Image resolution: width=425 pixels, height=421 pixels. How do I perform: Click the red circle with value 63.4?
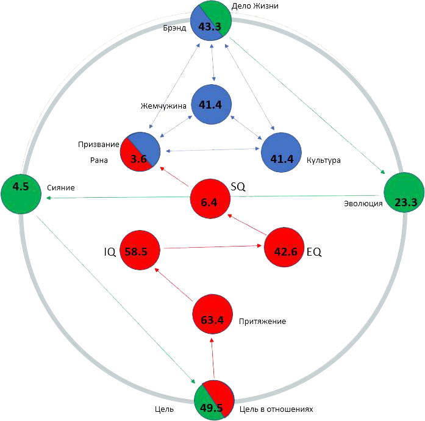click(212, 315)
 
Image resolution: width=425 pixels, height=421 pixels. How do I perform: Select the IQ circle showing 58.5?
click(140, 250)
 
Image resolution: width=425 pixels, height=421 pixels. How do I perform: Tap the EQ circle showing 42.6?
click(284, 247)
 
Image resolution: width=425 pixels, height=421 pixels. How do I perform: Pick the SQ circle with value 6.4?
click(210, 198)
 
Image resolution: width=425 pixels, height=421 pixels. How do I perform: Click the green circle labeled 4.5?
click(21, 194)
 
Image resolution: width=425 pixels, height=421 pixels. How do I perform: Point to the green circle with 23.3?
click(404, 193)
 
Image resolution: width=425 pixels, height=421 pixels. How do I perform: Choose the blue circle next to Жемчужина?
click(212, 104)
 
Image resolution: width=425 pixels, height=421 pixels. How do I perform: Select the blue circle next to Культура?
click(281, 153)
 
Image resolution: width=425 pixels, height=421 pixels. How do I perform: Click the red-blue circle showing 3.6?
click(140, 152)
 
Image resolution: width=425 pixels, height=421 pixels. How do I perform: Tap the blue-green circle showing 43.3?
click(211, 21)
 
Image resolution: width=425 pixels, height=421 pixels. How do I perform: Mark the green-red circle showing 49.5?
click(214, 400)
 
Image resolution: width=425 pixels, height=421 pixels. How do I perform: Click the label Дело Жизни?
click(255, 6)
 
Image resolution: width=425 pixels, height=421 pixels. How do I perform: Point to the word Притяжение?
click(262, 322)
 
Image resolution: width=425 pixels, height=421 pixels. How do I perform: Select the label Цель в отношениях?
click(276, 409)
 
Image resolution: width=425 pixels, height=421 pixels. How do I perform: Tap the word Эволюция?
click(363, 203)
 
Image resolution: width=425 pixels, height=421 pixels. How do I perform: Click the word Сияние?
click(61, 188)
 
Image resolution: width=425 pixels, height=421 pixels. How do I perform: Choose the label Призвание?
click(99, 145)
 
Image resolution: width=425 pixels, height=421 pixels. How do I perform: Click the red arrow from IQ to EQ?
click(212, 247)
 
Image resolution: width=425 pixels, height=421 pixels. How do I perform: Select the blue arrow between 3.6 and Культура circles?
click(212, 149)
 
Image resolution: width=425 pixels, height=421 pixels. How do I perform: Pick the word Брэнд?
click(174, 28)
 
